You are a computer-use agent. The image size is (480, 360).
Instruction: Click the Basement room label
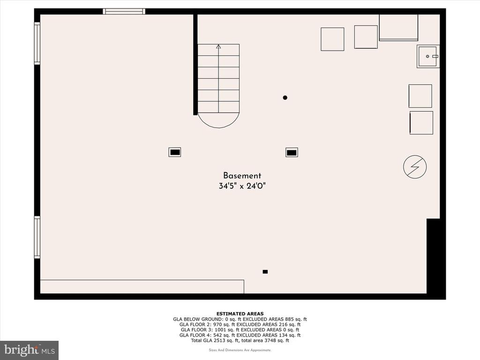click(242, 176)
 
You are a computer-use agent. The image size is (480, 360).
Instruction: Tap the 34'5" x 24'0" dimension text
click(242, 186)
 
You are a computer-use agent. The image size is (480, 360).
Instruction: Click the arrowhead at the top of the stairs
click(218, 46)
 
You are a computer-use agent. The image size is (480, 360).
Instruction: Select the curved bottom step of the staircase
click(218, 122)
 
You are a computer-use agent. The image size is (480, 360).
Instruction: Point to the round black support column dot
click(285, 97)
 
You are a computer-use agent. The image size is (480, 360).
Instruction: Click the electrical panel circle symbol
click(415, 167)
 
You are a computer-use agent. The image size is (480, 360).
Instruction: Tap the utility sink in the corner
click(428, 56)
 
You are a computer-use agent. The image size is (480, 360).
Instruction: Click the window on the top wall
click(124, 11)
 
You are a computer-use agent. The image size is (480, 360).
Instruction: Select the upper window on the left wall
click(37, 43)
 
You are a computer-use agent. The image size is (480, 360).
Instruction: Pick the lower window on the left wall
click(37, 237)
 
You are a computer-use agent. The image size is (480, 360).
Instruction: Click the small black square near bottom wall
click(265, 271)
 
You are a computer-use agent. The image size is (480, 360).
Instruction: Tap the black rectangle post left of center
click(175, 152)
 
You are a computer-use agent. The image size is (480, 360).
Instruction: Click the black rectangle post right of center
click(292, 152)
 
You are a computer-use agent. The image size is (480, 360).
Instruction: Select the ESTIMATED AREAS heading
click(240, 314)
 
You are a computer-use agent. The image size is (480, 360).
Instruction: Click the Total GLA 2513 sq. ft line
click(240, 340)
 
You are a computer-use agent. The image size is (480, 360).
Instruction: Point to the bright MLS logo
click(29, 350)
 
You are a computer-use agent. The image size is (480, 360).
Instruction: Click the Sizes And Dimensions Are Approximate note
click(240, 350)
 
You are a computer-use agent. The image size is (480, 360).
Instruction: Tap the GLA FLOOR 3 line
click(240, 330)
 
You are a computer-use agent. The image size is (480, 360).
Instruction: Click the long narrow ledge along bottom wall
click(142, 286)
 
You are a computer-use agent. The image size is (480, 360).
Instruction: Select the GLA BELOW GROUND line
click(240, 319)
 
